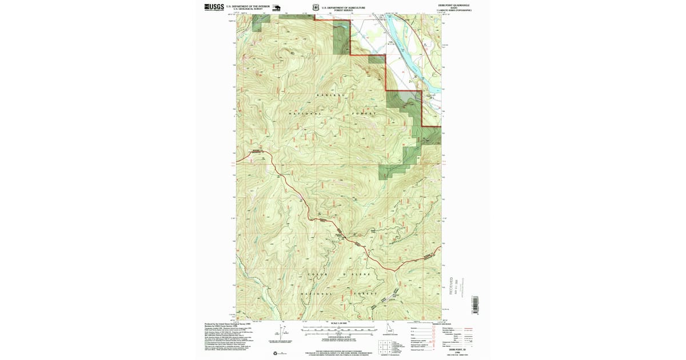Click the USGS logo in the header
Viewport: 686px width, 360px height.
214,7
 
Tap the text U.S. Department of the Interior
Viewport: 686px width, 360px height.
248,6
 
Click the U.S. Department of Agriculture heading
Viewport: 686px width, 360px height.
343,7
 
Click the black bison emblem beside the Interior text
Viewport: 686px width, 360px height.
276,8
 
